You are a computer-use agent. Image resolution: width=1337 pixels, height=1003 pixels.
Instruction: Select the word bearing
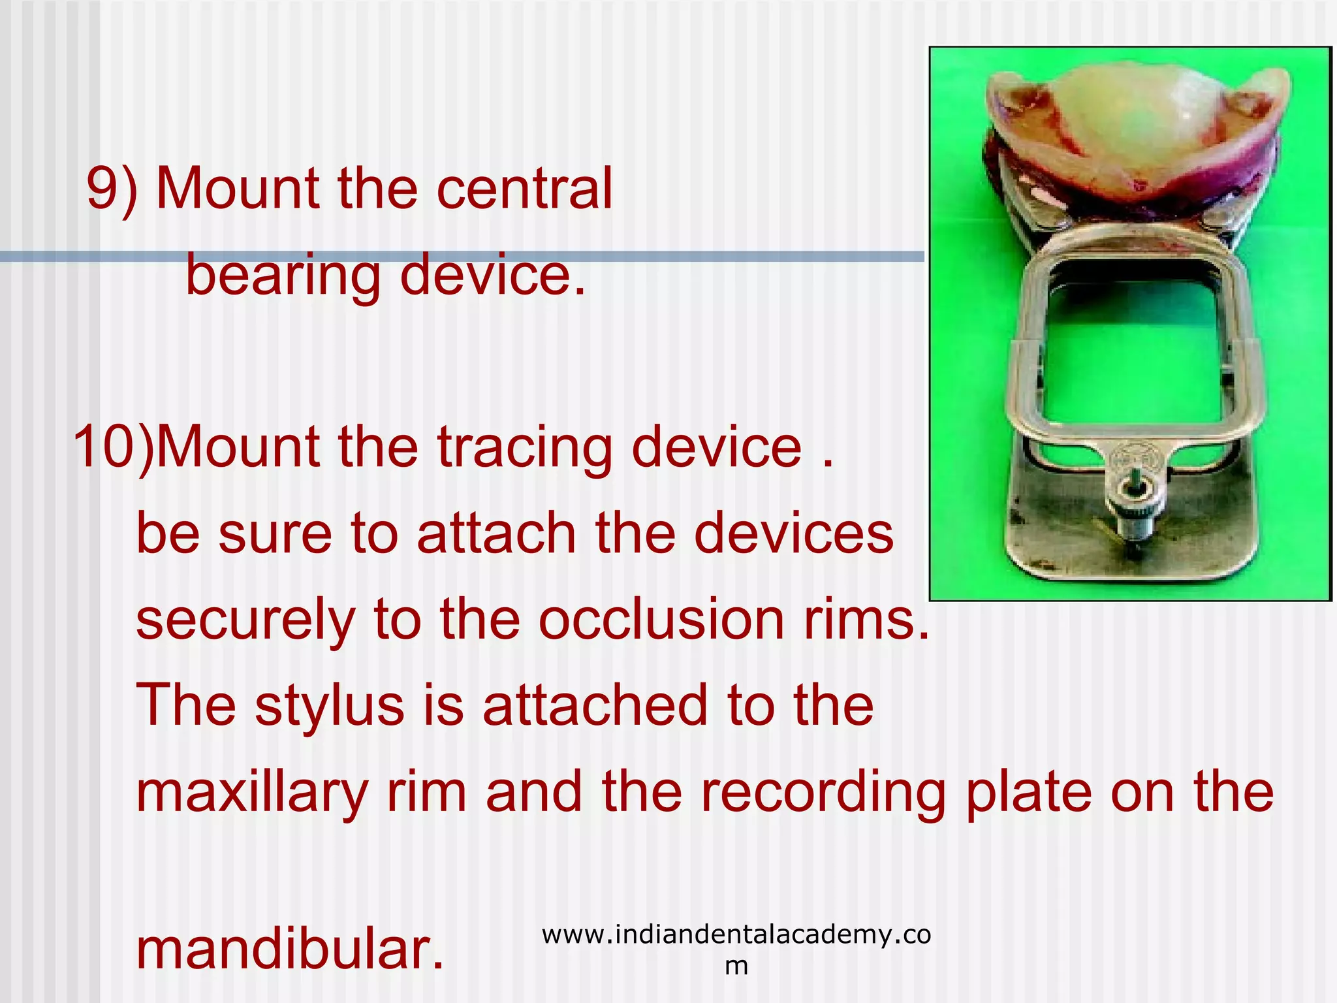[283, 276]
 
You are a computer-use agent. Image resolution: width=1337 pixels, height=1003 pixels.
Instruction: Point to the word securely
[245, 621]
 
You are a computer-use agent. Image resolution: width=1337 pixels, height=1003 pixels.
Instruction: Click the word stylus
[329, 707]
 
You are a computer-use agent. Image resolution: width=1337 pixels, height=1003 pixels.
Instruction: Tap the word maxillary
[252, 793]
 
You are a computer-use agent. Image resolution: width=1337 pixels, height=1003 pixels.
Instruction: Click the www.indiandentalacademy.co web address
[736, 935]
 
